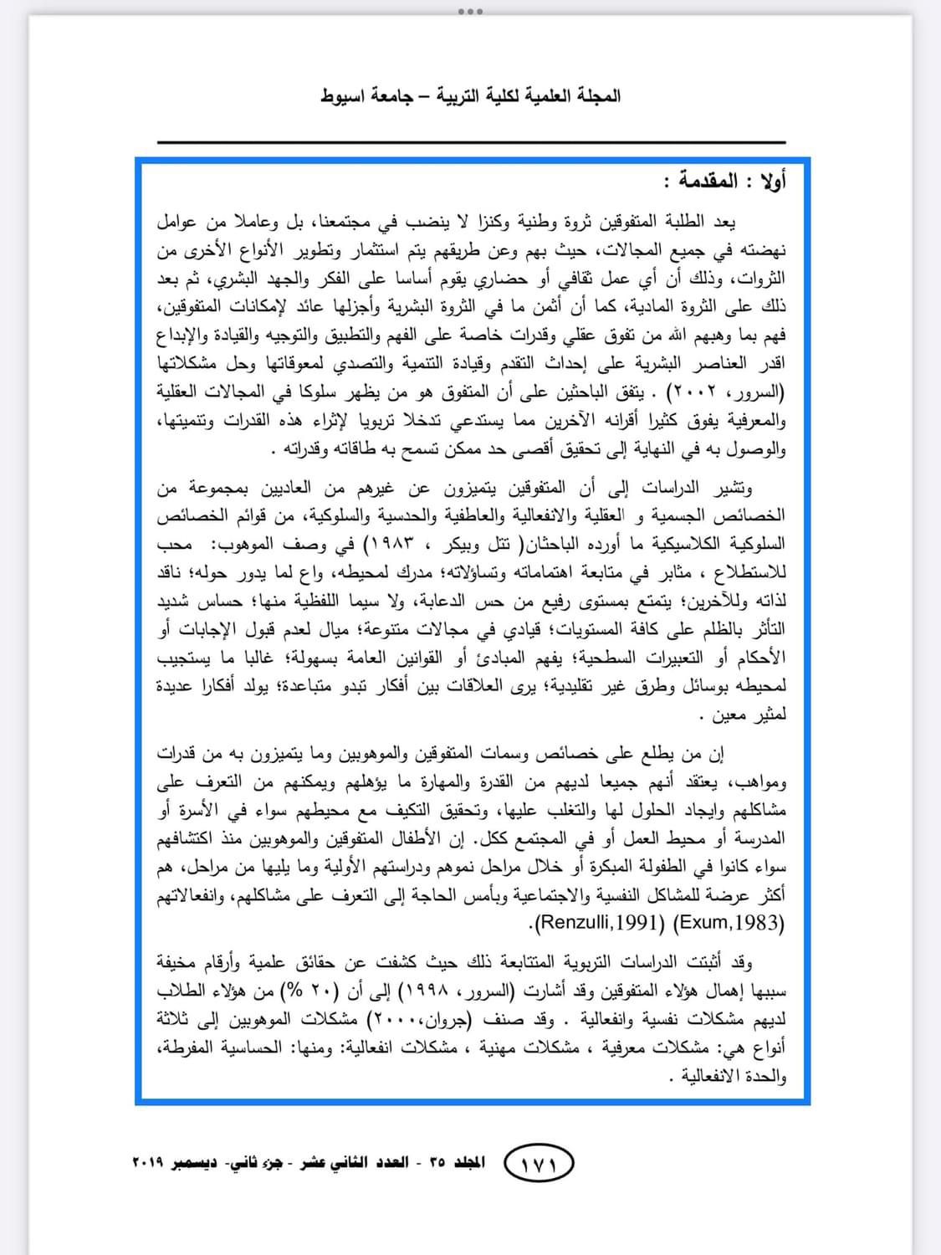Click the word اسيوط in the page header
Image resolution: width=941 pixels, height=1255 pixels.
click(x=343, y=96)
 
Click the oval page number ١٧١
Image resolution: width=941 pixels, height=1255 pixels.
click(x=540, y=1164)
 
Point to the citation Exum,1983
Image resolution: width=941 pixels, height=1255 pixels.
click(x=729, y=924)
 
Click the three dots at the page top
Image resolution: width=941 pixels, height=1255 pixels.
click(x=470, y=12)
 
